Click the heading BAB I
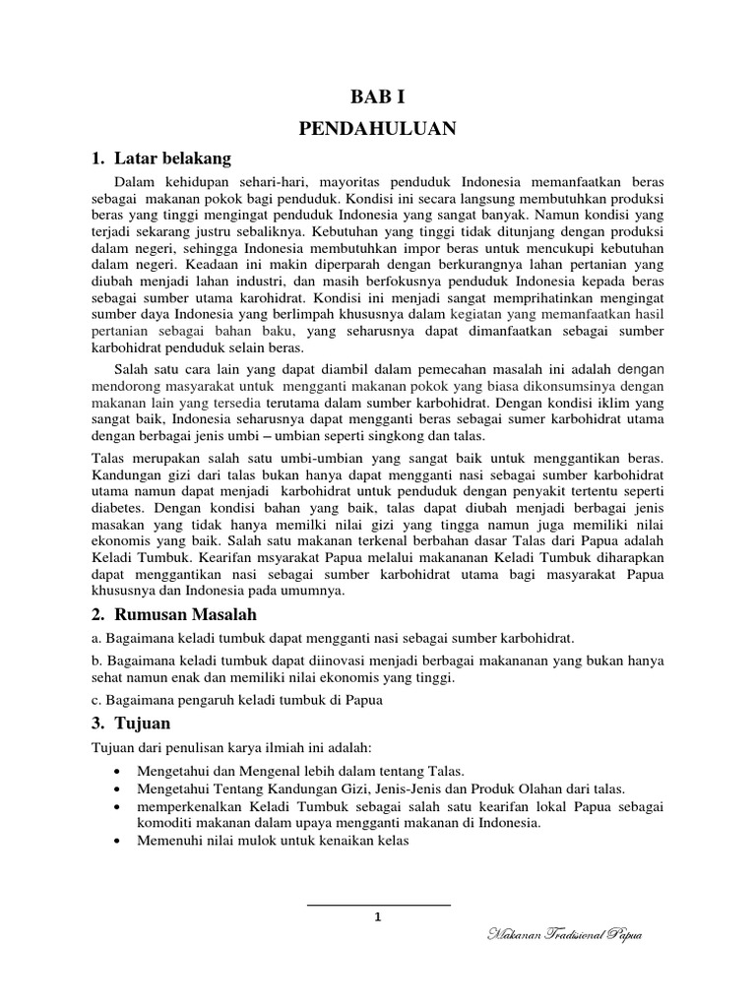pos(379,96)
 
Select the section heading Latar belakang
pos(172,157)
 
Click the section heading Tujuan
pos(142,724)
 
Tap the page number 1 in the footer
pos(378,917)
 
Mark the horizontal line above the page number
pos(378,904)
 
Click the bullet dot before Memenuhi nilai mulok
pos(119,843)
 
